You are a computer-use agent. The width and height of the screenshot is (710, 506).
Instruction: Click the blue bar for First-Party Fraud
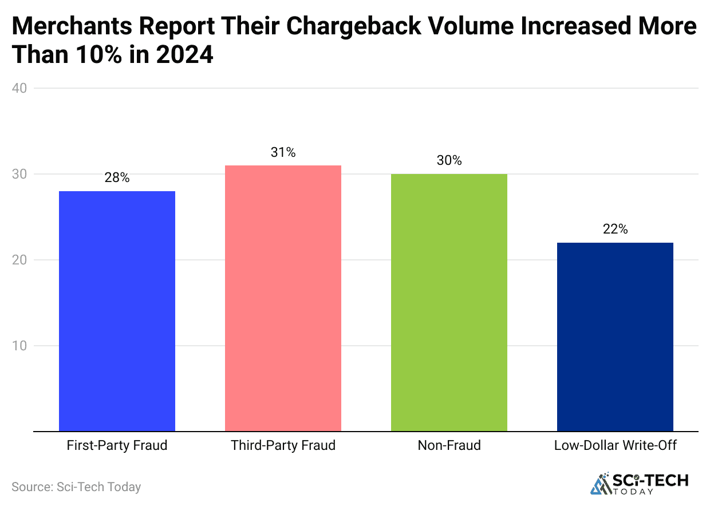pos(117,311)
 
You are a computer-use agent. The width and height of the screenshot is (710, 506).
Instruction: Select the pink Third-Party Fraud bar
pos(283,298)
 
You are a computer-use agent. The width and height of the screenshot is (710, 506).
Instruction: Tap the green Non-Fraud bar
pos(449,302)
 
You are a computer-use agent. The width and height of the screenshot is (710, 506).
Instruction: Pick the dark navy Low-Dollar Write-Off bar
pos(615,337)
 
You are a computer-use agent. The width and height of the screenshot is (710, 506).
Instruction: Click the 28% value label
pos(117,178)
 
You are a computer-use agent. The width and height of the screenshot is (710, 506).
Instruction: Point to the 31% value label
pos(283,152)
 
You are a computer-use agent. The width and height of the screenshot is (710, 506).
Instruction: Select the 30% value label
pos(449,161)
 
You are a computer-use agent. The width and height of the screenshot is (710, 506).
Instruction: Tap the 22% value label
pos(615,230)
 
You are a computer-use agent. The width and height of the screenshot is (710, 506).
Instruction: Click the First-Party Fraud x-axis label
pos(117,445)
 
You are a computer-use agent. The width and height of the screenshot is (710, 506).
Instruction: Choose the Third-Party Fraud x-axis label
pos(283,445)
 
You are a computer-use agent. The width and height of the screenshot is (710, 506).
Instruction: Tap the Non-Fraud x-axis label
pos(449,445)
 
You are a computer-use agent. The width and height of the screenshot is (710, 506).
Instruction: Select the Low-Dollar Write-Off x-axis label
pos(615,445)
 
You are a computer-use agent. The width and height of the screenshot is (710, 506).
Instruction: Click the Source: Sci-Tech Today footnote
pos(76,487)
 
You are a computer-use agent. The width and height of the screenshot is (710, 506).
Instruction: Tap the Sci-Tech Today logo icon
pos(601,484)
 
